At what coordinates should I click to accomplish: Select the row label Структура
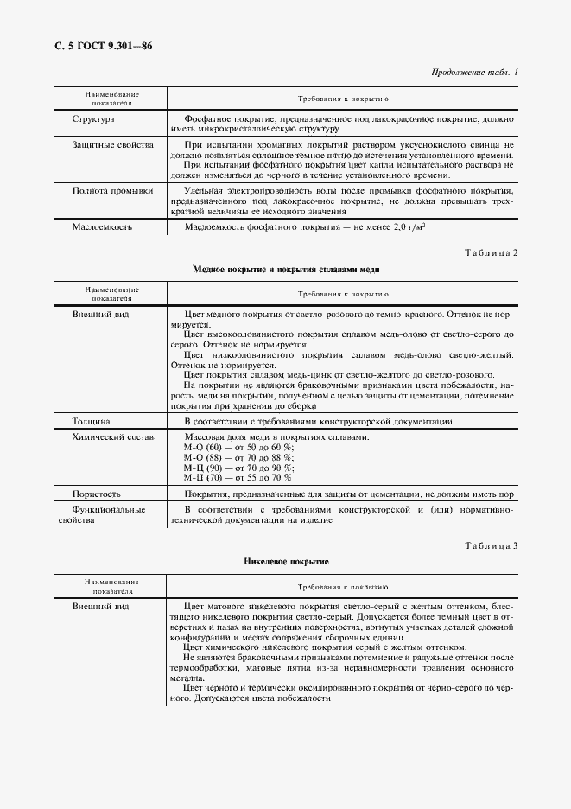(93, 118)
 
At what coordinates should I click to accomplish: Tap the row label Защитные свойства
(112, 145)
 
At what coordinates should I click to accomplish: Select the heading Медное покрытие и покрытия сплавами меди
(285, 269)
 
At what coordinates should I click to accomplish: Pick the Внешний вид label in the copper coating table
(100, 314)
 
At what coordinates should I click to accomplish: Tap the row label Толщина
(91, 421)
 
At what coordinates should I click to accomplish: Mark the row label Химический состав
(113, 438)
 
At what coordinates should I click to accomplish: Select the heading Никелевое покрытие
(285, 562)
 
